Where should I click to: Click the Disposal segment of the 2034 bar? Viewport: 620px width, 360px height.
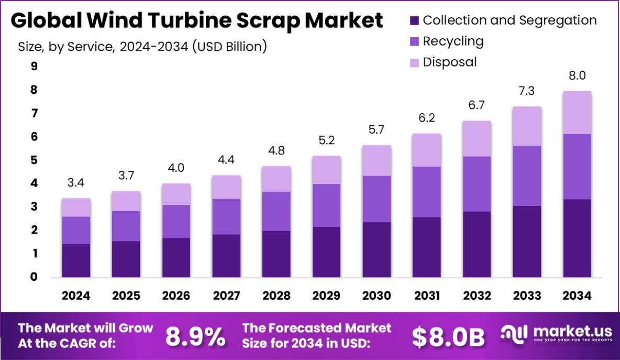577,113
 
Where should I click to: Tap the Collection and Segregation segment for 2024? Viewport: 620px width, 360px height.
76,260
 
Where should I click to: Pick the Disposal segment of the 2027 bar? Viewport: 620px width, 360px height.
226,187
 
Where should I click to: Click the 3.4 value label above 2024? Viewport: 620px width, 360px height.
76,183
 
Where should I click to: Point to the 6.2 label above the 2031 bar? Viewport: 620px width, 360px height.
427,118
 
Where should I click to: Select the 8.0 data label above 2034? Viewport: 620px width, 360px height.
577,76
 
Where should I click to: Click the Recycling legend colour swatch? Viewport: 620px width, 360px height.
414,41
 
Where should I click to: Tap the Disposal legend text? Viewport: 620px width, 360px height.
450,62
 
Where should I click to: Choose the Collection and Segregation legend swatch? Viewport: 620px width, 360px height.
414,21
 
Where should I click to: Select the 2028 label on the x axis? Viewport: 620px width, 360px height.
276,296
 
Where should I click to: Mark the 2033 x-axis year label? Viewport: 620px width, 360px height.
527,296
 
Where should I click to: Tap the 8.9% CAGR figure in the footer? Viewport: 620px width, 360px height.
195,337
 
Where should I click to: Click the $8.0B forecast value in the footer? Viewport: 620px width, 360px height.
448,337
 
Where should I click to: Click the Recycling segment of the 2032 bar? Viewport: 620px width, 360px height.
477,184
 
